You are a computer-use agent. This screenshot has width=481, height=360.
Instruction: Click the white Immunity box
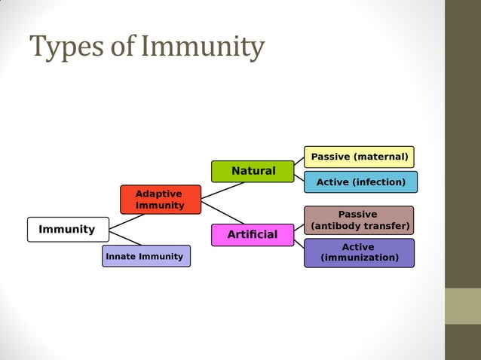click(x=68, y=230)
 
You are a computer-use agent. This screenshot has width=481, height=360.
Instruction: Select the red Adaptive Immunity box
click(x=161, y=200)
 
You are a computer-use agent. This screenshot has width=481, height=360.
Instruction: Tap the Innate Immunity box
click(x=146, y=256)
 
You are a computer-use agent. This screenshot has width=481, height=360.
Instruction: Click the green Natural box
click(x=253, y=172)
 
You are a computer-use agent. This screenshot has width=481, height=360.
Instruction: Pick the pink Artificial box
click(x=253, y=235)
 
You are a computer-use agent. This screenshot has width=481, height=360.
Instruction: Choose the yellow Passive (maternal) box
click(x=359, y=157)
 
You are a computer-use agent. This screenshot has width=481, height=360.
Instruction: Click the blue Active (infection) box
click(x=360, y=182)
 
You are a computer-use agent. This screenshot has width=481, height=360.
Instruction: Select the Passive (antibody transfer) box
click(x=359, y=220)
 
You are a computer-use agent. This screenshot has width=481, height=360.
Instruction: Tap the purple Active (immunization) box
click(x=359, y=253)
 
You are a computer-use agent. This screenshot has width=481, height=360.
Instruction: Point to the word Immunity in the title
click(x=204, y=47)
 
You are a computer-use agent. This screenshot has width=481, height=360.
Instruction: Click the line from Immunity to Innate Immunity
click(x=125, y=239)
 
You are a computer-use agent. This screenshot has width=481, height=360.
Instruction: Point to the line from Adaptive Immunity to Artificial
click(x=223, y=212)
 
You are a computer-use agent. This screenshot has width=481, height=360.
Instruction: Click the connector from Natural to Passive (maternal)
click(x=299, y=161)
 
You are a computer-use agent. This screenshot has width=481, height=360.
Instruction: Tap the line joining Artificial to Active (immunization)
click(x=299, y=243)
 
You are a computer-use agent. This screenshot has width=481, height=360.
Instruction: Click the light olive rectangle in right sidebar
click(x=462, y=306)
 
